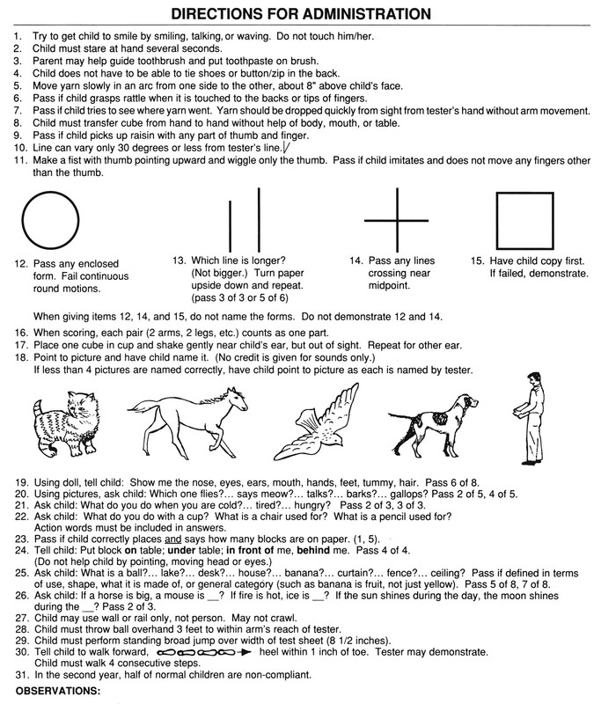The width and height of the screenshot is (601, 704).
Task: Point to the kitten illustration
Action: pos(62,411)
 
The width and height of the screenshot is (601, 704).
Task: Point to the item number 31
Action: pos(19,676)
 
